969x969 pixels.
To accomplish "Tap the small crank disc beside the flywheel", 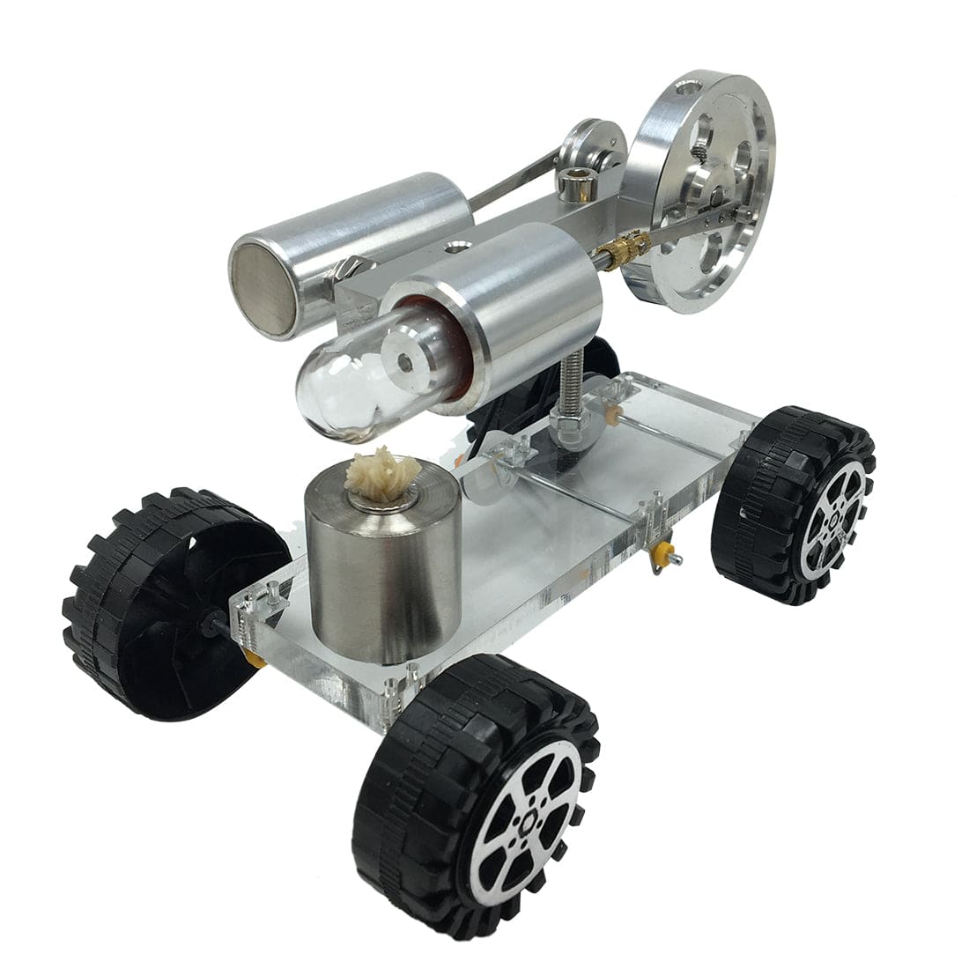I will [595, 145].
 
